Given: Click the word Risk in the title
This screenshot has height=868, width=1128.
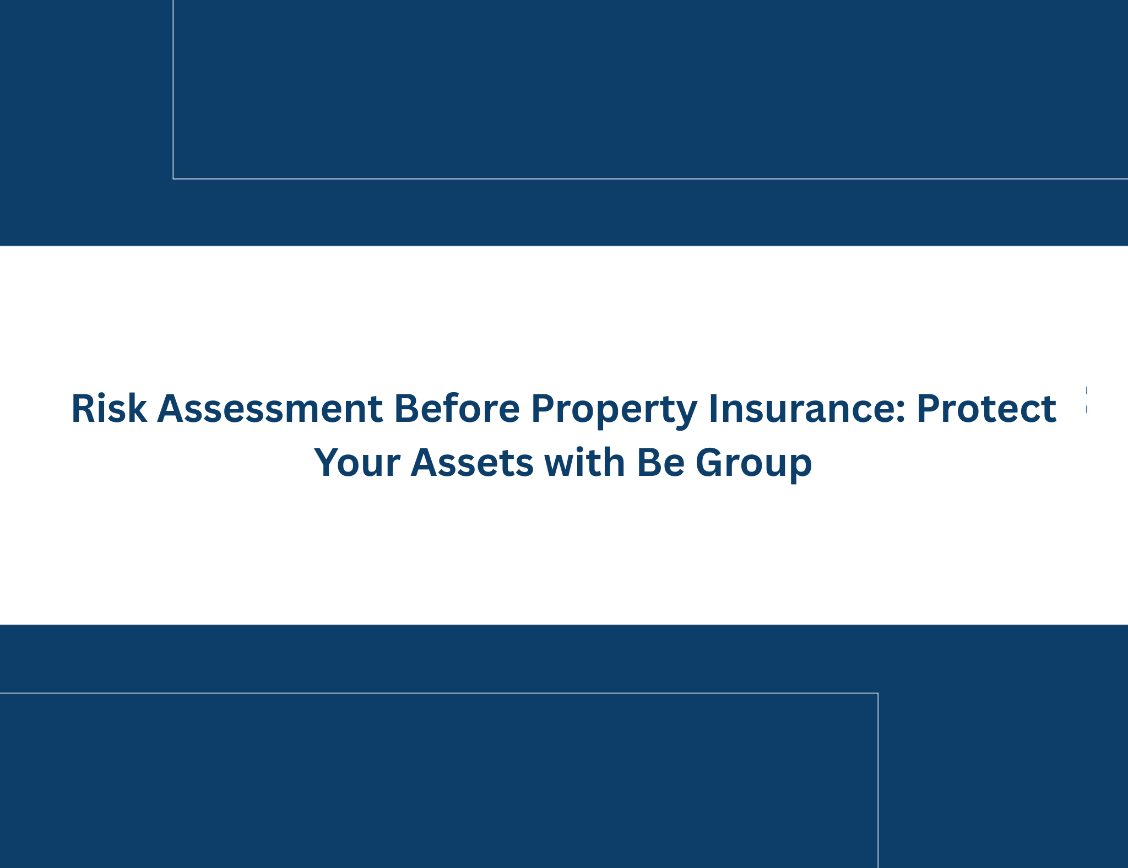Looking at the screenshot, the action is (109, 408).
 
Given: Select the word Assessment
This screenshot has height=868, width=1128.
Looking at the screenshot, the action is (270, 408).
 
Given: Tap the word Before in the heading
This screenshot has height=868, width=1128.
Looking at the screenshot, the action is (457, 408).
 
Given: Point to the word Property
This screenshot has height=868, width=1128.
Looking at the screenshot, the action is (614, 411).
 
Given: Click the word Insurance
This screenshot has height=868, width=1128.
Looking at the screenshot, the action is (802, 408).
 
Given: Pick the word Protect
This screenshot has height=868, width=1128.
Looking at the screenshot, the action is (986, 408).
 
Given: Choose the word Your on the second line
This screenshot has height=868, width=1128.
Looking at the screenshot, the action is (357, 462).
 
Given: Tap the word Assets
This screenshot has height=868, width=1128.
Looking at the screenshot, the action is (472, 462).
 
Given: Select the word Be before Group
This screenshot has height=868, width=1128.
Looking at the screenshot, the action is (660, 462).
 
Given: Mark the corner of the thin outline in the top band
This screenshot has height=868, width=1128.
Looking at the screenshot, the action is (173, 179).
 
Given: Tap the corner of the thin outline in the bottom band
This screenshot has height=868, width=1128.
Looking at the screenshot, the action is (878, 693).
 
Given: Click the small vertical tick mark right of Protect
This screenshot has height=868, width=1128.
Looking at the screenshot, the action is (1087, 400).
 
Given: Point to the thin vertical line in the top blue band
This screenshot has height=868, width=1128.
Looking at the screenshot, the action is (173, 89).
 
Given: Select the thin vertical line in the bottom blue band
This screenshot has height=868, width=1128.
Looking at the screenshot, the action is (878, 780).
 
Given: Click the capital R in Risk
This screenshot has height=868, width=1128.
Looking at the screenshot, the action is (83, 408).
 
